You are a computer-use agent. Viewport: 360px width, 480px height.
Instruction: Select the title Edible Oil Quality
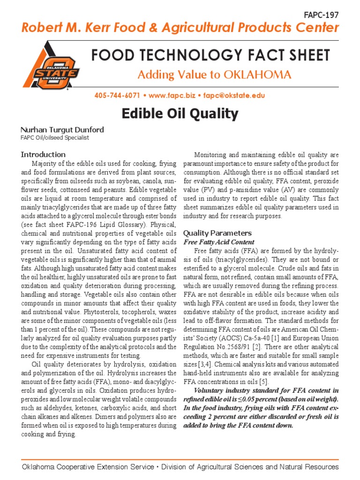(180, 114)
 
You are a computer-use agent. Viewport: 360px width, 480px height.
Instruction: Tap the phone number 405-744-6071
(117, 96)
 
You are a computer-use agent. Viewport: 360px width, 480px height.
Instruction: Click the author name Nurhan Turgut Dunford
(62, 129)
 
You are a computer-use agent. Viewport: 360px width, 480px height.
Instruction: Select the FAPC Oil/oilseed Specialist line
(55, 138)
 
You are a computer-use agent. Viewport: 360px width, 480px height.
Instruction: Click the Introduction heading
(43, 154)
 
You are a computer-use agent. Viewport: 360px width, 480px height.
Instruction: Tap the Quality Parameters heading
(217, 233)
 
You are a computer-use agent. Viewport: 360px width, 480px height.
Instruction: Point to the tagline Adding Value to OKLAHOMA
(214, 75)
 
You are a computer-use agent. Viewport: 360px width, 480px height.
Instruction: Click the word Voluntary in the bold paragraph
(210, 390)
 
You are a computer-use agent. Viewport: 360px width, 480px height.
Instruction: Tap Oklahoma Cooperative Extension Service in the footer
(88, 467)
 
